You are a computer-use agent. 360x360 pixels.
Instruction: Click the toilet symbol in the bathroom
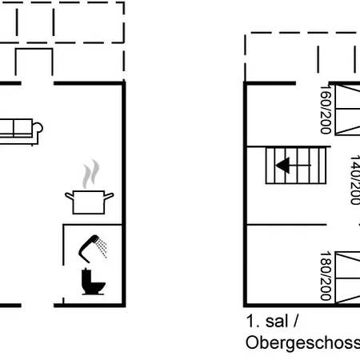[x=93, y=282]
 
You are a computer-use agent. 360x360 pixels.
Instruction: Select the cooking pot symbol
[x=89, y=202]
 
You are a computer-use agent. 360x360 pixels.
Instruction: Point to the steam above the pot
[x=91, y=174]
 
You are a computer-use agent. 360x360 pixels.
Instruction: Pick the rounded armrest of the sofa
[x=38, y=127]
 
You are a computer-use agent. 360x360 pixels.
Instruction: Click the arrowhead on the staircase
[x=283, y=166]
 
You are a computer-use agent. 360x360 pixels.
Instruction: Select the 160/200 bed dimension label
[x=326, y=110]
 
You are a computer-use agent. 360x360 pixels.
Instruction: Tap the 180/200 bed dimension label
[x=326, y=276]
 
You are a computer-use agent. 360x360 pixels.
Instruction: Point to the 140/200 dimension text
[x=355, y=180]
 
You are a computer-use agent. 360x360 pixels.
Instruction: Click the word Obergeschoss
[x=302, y=342]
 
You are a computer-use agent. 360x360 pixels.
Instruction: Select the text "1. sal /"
[x=272, y=321]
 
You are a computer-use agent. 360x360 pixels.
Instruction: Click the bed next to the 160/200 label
[x=347, y=110]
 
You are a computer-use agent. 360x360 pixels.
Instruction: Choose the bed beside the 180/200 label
[x=347, y=278]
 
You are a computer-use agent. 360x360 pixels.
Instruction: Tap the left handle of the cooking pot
[x=69, y=197]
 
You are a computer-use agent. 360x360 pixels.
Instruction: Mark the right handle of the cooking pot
[x=109, y=196]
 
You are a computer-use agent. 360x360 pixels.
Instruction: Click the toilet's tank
[x=86, y=278]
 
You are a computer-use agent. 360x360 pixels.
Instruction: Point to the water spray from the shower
[x=102, y=248]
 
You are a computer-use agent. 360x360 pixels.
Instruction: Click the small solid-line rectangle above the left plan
[x=34, y=62]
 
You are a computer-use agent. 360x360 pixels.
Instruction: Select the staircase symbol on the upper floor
[x=296, y=166]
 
